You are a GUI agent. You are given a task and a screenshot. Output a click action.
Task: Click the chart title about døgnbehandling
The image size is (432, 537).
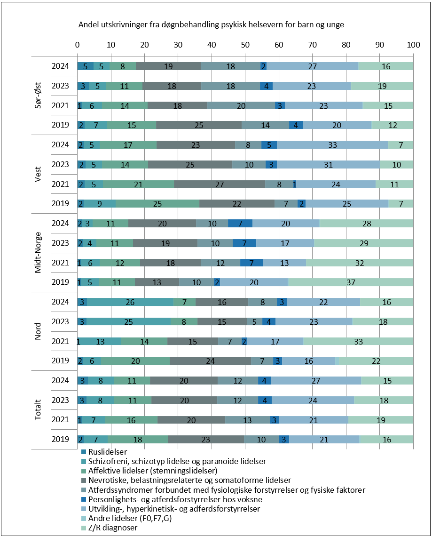tap(211, 24)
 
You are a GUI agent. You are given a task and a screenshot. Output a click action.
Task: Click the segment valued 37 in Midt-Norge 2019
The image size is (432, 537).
tap(350, 282)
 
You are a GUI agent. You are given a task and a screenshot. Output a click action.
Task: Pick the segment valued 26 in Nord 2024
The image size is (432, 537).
tap(130, 302)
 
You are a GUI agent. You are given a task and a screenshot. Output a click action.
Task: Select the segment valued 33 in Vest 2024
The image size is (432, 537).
tap(333, 144)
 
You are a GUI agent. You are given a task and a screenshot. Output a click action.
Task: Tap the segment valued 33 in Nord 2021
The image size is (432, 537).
tap(358, 341)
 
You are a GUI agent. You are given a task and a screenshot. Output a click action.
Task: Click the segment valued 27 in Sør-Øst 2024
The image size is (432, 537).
tap(313, 66)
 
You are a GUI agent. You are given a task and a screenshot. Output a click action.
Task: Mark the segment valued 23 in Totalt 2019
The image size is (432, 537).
tap(206, 440)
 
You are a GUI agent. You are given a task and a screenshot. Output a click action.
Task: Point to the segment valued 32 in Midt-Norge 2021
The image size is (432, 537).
tap(360, 263)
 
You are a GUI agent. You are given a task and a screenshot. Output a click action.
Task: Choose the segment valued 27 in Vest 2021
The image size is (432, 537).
tap(220, 184)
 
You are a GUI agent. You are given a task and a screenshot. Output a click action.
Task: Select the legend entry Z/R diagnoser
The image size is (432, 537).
tap(109, 528)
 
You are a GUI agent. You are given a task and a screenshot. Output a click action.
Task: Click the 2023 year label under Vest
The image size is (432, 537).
tap(60, 164)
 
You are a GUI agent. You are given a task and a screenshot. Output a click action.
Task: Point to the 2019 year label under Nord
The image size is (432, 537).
tap(60, 361)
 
